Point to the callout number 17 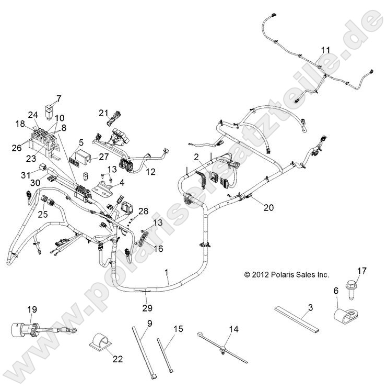pos(361,271)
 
